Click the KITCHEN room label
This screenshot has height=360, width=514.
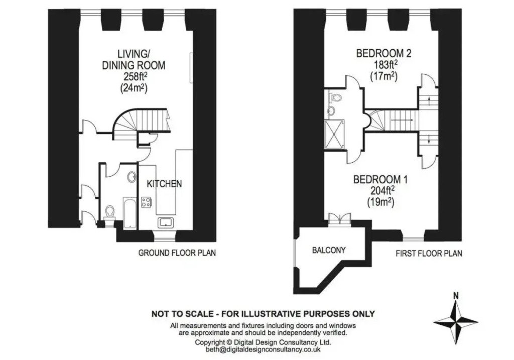click(x=164, y=184)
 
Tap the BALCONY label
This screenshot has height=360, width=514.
click(x=329, y=250)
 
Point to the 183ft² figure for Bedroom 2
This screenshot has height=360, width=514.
click(x=383, y=65)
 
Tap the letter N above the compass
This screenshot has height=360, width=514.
click(x=455, y=296)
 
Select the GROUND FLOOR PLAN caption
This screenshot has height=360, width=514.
click(x=177, y=253)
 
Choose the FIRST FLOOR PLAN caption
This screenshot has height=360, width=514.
click(x=429, y=253)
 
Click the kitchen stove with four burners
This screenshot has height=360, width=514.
click(x=147, y=203)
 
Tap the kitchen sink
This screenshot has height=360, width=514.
click(x=165, y=222)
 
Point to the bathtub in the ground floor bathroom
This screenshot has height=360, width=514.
click(x=129, y=213)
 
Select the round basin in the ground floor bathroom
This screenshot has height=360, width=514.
click(x=132, y=177)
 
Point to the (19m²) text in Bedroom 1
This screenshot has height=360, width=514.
click(x=379, y=202)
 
